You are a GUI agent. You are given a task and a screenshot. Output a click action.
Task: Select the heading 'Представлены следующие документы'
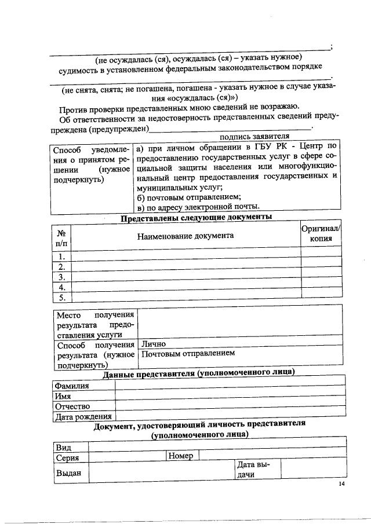click(x=196, y=218)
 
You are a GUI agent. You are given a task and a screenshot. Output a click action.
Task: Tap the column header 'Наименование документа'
click(x=185, y=236)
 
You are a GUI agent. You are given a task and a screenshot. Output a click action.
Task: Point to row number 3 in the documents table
click(x=61, y=276)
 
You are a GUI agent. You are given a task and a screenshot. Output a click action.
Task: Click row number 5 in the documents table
click(x=61, y=298)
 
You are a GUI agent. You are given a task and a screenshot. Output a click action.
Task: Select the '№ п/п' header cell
click(x=61, y=238)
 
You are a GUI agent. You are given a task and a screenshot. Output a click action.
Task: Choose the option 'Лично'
click(x=154, y=343)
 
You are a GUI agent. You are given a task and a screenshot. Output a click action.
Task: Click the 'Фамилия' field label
click(x=72, y=386)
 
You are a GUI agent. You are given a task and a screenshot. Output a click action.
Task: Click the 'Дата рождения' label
click(x=82, y=416)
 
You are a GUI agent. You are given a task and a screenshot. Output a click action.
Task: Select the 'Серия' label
click(x=68, y=457)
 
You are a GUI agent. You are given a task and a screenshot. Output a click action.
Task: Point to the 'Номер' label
click(x=181, y=456)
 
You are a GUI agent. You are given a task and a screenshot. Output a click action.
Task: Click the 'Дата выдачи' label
click(x=250, y=470)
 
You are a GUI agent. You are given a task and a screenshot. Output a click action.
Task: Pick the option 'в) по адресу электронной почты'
click(x=198, y=207)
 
